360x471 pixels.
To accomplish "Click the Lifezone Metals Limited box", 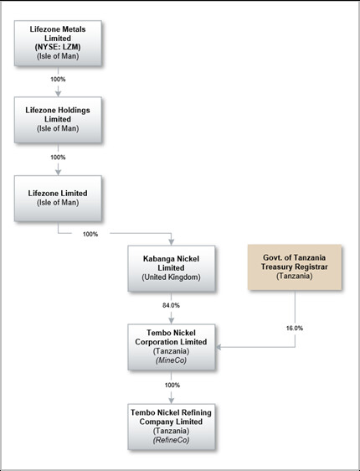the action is [x=58, y=44].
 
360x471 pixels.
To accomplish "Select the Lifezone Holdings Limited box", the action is [x=58, y=120].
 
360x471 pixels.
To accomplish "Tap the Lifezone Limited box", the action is [x=58, y=199].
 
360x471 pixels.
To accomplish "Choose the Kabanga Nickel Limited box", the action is [x=172, y=268].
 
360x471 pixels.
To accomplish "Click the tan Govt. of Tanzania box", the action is [x=295, y=267].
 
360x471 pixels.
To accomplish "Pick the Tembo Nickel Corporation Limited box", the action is [x=172, y=347].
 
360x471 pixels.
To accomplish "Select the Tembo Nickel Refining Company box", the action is [x=172, y=427].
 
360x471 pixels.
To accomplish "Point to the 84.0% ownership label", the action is [x=171, y=305].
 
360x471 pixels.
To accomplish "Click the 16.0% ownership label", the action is [x=295, y=328].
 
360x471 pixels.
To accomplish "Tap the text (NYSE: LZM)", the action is [x=58, y=47].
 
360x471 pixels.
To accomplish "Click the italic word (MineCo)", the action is [x=171, y=360].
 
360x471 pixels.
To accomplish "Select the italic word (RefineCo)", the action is [x=171, y=440].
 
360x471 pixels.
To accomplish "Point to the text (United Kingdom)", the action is [x=171, y=277].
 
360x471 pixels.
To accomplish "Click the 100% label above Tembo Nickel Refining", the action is [x=172, y=385].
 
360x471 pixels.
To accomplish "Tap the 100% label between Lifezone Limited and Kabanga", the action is [x=90, y=234].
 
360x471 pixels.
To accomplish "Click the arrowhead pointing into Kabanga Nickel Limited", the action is [x=172, y=242].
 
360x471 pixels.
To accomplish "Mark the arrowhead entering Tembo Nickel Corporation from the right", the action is [x=219, y=347].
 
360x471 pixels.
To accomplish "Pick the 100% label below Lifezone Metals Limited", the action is [x=58, y=80].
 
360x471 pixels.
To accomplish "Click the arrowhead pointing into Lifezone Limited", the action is [x=59, y=172].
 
